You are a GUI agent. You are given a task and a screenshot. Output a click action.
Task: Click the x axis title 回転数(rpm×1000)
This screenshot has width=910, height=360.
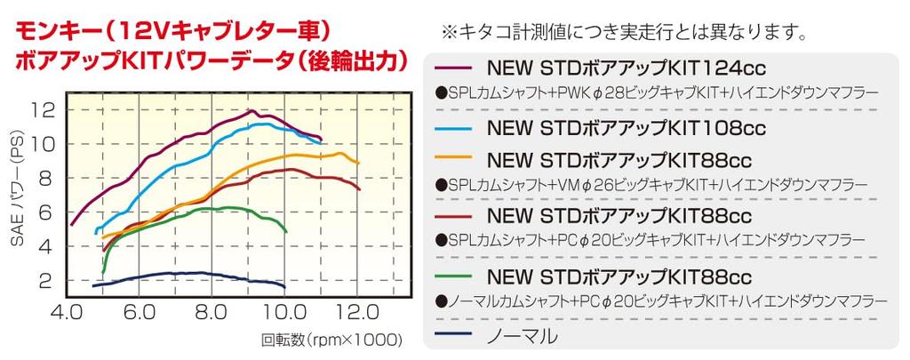331,340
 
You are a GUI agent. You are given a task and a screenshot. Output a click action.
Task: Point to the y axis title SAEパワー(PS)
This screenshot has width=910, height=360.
16,196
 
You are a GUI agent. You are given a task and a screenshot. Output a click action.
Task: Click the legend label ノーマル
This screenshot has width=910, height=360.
523,336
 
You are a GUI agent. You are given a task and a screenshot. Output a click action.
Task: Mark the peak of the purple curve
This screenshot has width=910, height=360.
251,111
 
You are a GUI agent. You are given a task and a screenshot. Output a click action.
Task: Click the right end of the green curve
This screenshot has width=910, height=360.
286,231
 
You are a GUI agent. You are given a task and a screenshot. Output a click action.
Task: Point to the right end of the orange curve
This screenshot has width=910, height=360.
358,164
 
